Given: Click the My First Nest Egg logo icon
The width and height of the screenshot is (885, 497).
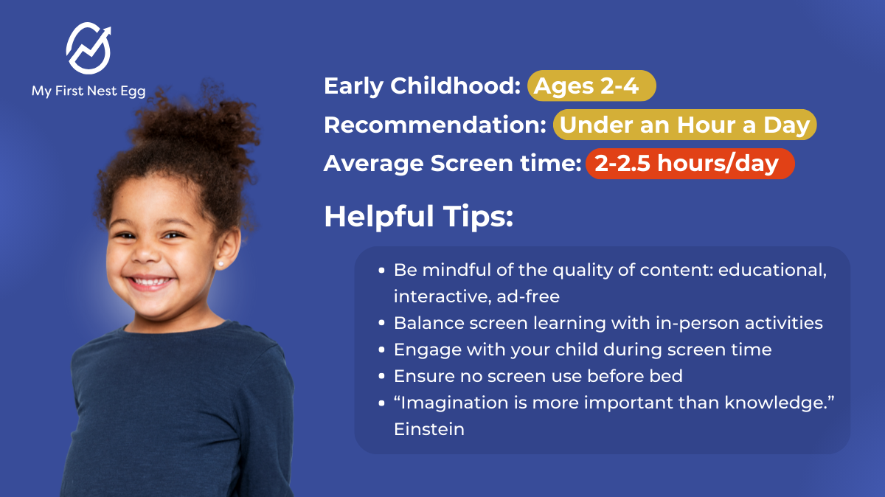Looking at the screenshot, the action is coord(88,48).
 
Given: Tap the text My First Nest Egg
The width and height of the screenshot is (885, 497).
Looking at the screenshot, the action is coord(88,91).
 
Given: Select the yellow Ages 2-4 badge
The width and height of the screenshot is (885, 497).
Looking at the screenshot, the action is coord(591,86).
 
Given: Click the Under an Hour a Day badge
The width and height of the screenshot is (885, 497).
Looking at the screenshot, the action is coord(684,125).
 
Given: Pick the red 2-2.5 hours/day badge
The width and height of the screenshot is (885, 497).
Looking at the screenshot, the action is coord(690,164).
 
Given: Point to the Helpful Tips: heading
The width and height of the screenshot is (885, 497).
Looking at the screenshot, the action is coord(418,217).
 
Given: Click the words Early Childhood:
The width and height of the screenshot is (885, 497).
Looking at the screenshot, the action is coord(423,86).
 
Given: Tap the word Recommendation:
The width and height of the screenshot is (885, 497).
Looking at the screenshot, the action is coord(435,125).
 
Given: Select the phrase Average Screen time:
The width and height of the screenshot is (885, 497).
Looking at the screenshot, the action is coord(452,164).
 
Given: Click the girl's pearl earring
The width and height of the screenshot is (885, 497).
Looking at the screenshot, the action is coord(221,263).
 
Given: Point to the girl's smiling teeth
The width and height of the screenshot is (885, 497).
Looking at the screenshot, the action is coord(150,281).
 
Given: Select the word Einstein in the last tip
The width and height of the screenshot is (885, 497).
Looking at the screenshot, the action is coord(429,429).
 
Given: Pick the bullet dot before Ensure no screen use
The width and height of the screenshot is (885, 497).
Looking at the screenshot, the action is coord(381,376).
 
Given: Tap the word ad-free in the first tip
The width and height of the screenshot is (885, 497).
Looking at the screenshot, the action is coord(528,296).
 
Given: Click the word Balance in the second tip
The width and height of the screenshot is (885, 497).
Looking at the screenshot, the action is coord(428,323).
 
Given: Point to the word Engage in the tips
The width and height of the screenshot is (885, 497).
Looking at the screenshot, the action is coord(428,350).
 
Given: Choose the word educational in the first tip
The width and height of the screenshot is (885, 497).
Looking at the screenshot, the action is coord(772,270).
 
